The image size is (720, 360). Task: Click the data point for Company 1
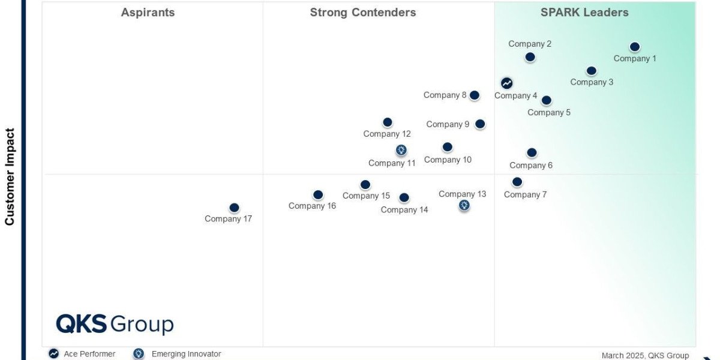pos(635,47)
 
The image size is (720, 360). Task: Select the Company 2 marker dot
pos(530,57)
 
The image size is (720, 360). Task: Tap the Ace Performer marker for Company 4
pos(507,83)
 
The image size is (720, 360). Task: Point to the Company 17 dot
pos(235,208)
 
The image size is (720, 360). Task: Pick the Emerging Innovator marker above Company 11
pos(401,150)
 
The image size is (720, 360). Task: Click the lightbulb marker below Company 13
pos(464,205)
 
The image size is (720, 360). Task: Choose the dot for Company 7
pos(517,182)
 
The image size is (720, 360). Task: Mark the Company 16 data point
pos(318,195)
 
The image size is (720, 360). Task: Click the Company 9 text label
pos(448,124)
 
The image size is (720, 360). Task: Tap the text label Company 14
pos(404,209)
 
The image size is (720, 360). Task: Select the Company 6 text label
pos(531,165)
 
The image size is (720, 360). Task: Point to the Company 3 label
pos(592,82)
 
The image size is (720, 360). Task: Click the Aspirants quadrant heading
pos(148,12)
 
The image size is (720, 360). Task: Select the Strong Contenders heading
pos(363,12)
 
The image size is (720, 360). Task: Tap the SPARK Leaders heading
pos(584,12)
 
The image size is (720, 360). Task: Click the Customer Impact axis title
pos(10,177)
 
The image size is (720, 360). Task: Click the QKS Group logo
pos(115,324)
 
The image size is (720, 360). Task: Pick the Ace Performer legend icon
pos(53,353)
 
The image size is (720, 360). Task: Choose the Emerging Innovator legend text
pos(187,354)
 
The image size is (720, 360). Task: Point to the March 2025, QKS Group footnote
pos(645,355)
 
